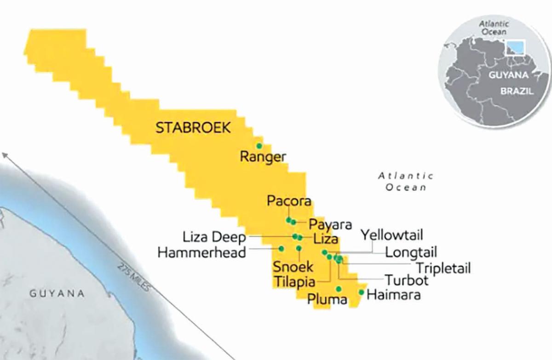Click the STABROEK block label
[193, 128]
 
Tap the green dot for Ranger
[259, 146]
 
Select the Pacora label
[288, 201]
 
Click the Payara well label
[330, 224]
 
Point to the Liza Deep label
[214, 238]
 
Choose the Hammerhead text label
[201, 252]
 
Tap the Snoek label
[293, 267]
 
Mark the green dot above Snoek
[299, 248]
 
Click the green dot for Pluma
[339, 289]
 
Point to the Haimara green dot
[362, 292]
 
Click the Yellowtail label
[391, 235]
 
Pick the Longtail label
[411, 252]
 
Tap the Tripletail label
[443, 268]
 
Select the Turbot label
[407, 280]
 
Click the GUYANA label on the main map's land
[57, 293]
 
